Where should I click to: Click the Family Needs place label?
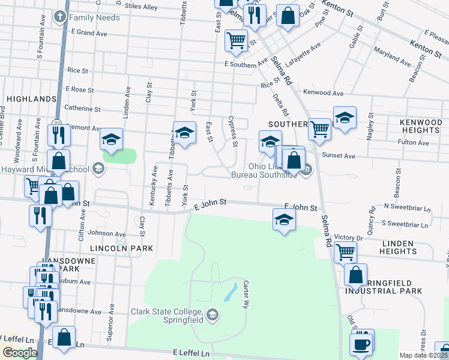tap(94, 17)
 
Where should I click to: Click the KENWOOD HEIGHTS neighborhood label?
tap(420, 126)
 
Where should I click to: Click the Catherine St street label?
tap(82, 109)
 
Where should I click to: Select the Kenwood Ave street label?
tap(324, 94)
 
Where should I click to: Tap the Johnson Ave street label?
tap(107, 233)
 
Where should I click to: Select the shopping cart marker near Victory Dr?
tap(345, 252)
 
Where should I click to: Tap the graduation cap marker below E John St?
tap(285, 219)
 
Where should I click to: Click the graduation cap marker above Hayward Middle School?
tap(112, 139)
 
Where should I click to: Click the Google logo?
tap(20, 353)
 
